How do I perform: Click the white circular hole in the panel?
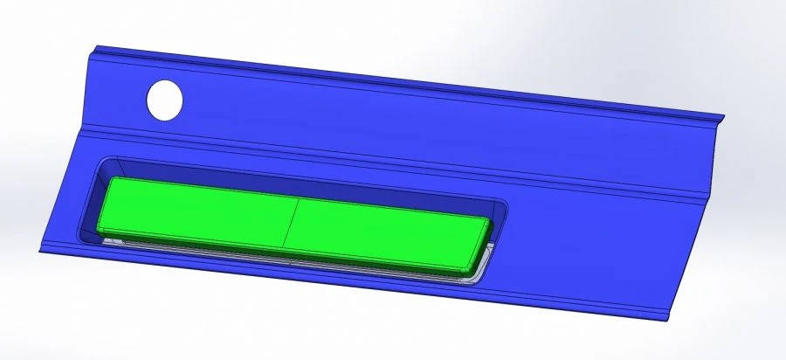tap(164, 100)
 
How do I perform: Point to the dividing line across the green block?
tap(292, 227)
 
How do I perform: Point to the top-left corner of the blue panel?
tap(90, 46)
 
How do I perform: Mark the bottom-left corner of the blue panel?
tap(38, 251)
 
